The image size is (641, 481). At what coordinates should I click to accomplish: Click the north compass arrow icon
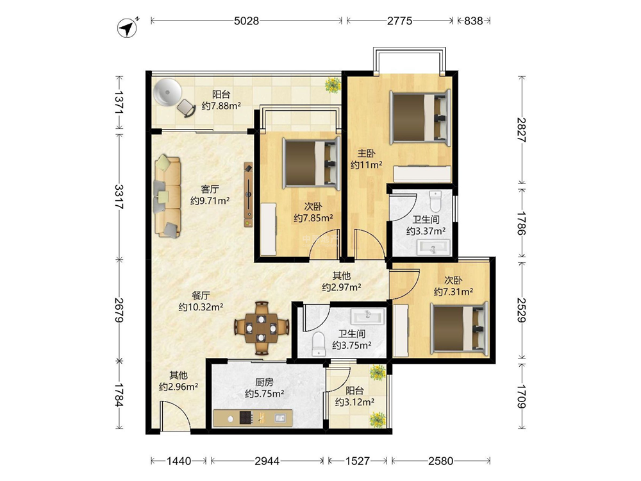pyautogui.click(x=127, y=28)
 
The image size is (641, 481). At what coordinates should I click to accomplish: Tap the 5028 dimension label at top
pyautogui.click(x=247, y=21)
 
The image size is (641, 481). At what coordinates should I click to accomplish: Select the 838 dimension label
pyautogui.click(x=474, y=21)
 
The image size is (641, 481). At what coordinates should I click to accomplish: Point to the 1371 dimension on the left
pyautogui.click(x=119, y=102)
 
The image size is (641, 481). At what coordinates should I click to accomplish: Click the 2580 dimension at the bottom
pyautogui.click(x=441, y=461)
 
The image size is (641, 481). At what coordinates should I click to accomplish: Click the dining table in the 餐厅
pyautogui.click(x=262, y=328)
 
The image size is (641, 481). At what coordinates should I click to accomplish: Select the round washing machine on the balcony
pyautogui.click(x=167, y=93)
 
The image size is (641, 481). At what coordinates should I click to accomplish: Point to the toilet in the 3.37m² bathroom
pyautogui.click(x=435, y=200)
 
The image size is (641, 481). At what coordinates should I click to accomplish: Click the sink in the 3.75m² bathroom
pyautogui.click(x=367, y=316)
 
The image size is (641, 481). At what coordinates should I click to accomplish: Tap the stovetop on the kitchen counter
pyautogui.click(x=246, y=418)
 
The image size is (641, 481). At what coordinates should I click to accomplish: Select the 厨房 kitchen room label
pyautogui.click(x=264, y=382)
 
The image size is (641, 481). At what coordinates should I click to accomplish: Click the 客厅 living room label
pyautogui.click(x=210, y=189)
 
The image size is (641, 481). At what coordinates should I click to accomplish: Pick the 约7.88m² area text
pyautogui.click(x=221, y=106)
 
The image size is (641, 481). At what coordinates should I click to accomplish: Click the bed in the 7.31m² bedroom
pyautogui.click(x=460, y=327)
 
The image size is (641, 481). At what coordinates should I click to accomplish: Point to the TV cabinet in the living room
pyautogui.click(x=249, y=194)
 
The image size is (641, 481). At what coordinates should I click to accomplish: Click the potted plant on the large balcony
pyautogui.click(x=332, y=85)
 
